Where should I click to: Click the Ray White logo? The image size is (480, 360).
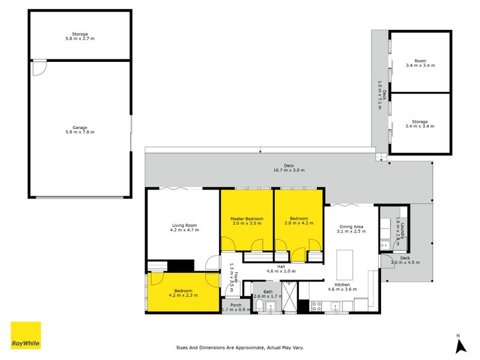pyautogui.click(x=26, y=335)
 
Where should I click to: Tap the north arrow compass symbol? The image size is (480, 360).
pyautogui.click(x=460, y=344)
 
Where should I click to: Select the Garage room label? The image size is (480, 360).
pyautogui.click(x=80, y=127)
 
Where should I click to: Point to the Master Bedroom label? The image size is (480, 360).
pyautogui.click(x=247, y=219)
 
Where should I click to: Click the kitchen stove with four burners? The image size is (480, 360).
pyautogui.click(x=316, y=307)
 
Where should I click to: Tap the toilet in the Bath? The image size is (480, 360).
pyautogui.click(x=259, y=305)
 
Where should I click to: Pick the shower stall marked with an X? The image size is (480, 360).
pyautogui.click(x=289, y=296)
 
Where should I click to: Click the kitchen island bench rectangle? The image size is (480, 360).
pyautogui.click(x=344, y=265)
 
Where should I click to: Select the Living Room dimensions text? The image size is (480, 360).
pyautogui.click(x=185, y=230)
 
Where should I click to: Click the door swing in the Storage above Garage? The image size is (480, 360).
pyautogui.click(x=40, y=68)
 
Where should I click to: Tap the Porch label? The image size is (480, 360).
pyautogui.click(x=236, y=305)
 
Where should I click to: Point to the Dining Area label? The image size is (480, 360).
pyautogui.click(x=352, y=227)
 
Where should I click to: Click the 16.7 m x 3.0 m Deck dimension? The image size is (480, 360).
pyautogui.click(x=289, y=170)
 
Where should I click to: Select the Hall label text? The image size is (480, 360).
pyautogui.click(x=281, y=266)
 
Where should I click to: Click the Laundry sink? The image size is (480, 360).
pyautogui.click(x=385, y=245)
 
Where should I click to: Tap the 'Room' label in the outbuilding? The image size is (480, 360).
pyautogui.click(x=421, y=61)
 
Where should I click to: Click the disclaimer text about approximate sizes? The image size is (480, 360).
pyautogui.click(x=240, y=347)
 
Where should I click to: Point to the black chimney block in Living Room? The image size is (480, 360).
pyautogui.click(x=181, y=265)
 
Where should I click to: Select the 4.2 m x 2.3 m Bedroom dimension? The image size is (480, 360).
pyautogui.click(x=184, y=295)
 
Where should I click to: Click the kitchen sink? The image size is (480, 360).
pyautogui.click(x=336, y=306)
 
